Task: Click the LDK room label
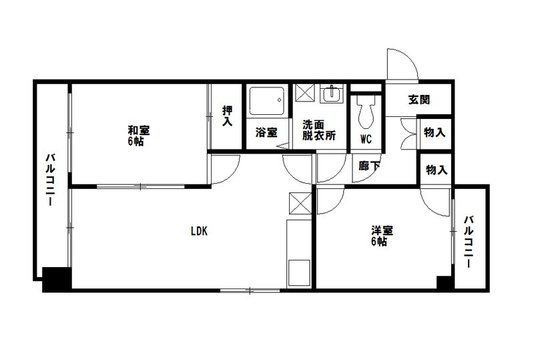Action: point(199,232)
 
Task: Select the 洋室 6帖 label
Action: point(382,236)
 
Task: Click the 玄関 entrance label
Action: point(419,100)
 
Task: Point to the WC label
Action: point(366,139)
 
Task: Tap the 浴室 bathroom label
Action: point(266,132)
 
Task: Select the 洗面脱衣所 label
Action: point(318,130)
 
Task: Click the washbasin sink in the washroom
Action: point(330,96)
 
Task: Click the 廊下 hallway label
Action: point(368,166)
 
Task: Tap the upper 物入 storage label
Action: point(435,132)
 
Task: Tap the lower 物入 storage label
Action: point(436,170)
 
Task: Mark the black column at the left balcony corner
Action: point(56,279)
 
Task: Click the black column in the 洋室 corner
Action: point(444,282)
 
